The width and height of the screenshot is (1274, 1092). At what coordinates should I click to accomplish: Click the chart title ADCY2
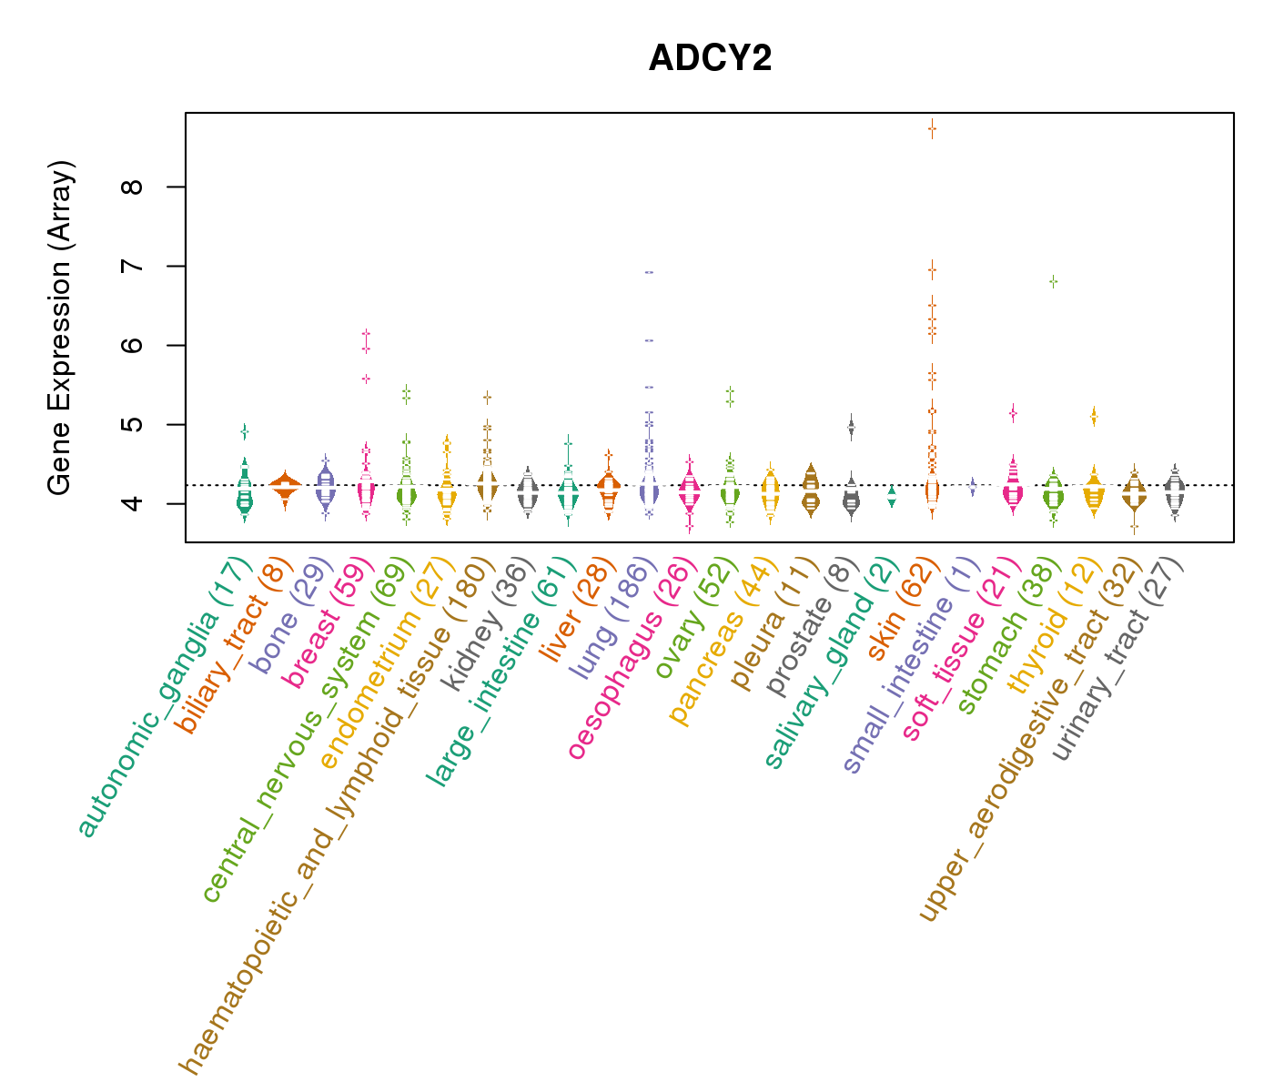710,58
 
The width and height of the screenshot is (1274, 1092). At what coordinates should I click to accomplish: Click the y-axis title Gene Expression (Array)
60,328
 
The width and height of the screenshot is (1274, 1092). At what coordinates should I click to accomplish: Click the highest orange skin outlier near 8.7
932,129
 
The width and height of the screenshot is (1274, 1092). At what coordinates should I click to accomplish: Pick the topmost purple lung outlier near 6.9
649,272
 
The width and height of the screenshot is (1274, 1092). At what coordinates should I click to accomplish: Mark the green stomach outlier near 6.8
1053,282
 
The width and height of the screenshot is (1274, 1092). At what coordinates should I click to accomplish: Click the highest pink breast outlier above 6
366,334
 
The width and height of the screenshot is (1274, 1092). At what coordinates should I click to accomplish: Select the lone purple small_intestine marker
972,487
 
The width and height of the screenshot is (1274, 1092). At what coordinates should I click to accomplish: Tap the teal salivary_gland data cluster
892,496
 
